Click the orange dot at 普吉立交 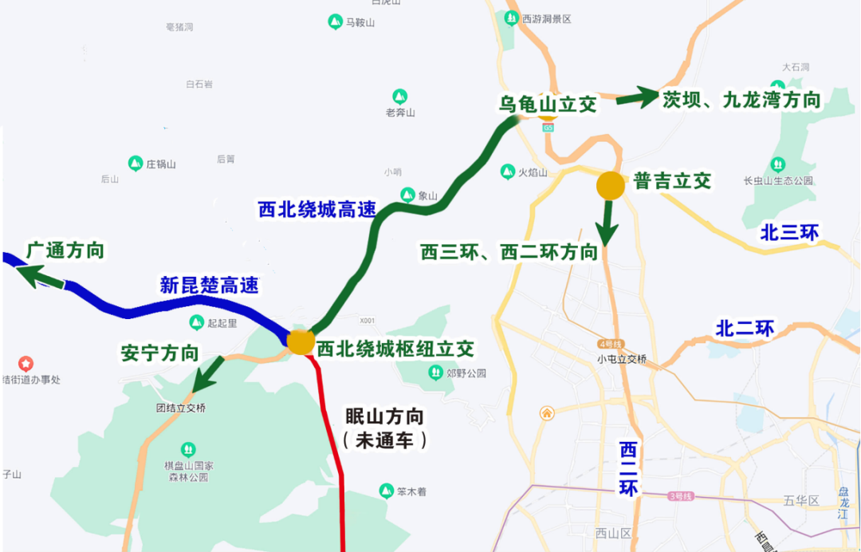[611, 185]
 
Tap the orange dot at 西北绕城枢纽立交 [301, 341]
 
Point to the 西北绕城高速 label [316, 209]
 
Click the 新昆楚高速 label [209, 285]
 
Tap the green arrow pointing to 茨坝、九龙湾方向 [637, 97]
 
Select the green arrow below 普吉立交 [607, 223]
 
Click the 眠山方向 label [384, 416]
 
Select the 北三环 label [789, 232]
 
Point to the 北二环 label [745, 328]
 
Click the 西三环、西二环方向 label [509, 253]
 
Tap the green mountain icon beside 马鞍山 [336, 22]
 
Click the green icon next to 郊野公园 [435, 372]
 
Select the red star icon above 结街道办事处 [26, 364]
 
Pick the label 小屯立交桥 [622, 359]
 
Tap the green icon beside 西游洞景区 [511, 18]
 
